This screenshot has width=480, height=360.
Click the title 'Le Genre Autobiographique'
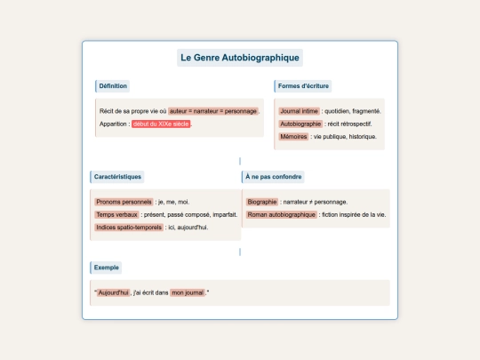(240, 58)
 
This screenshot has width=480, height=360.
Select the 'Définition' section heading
(114, 86)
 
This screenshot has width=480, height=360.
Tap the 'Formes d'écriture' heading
(304, 86)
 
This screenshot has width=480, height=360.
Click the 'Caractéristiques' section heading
(117, 177)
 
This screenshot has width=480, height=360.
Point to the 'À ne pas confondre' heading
(273, 177)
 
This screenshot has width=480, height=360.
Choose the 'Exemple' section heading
(108, 268)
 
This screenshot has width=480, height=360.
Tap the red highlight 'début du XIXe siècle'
(162, 124)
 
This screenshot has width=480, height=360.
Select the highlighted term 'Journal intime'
(299, 111)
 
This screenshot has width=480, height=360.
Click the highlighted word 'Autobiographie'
(300, 124)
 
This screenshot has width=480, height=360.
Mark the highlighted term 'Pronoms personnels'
(124, 202)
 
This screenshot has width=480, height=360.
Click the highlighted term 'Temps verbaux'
(117, 214)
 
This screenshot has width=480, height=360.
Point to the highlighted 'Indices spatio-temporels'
(129, 228)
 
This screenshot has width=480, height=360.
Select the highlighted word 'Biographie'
(262, 202)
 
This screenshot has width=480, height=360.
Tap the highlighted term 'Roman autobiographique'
(281, 214)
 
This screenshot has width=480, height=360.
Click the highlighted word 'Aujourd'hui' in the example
(113, 292)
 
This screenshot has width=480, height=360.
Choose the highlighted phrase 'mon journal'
(188, 292)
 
